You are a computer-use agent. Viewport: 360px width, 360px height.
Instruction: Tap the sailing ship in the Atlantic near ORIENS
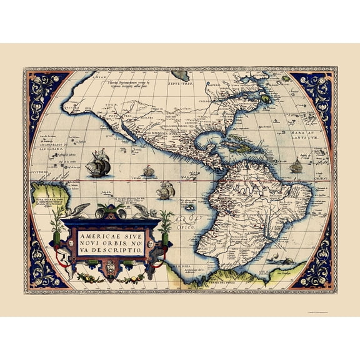coord(295,166)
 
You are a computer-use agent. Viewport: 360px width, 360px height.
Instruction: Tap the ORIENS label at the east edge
coord(321,177)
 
